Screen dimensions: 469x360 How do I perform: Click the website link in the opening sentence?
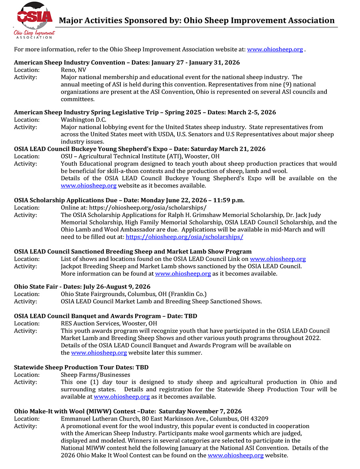275,50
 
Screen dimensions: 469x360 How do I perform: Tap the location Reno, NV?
73,70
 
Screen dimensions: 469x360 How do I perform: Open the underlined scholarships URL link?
184,237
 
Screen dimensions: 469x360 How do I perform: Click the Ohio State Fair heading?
82,287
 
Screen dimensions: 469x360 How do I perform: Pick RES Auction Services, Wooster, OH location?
109,323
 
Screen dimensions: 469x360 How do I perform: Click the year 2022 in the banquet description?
313,338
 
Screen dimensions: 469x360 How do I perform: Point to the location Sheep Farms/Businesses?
95,375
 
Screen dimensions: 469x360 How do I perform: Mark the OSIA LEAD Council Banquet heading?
106,316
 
